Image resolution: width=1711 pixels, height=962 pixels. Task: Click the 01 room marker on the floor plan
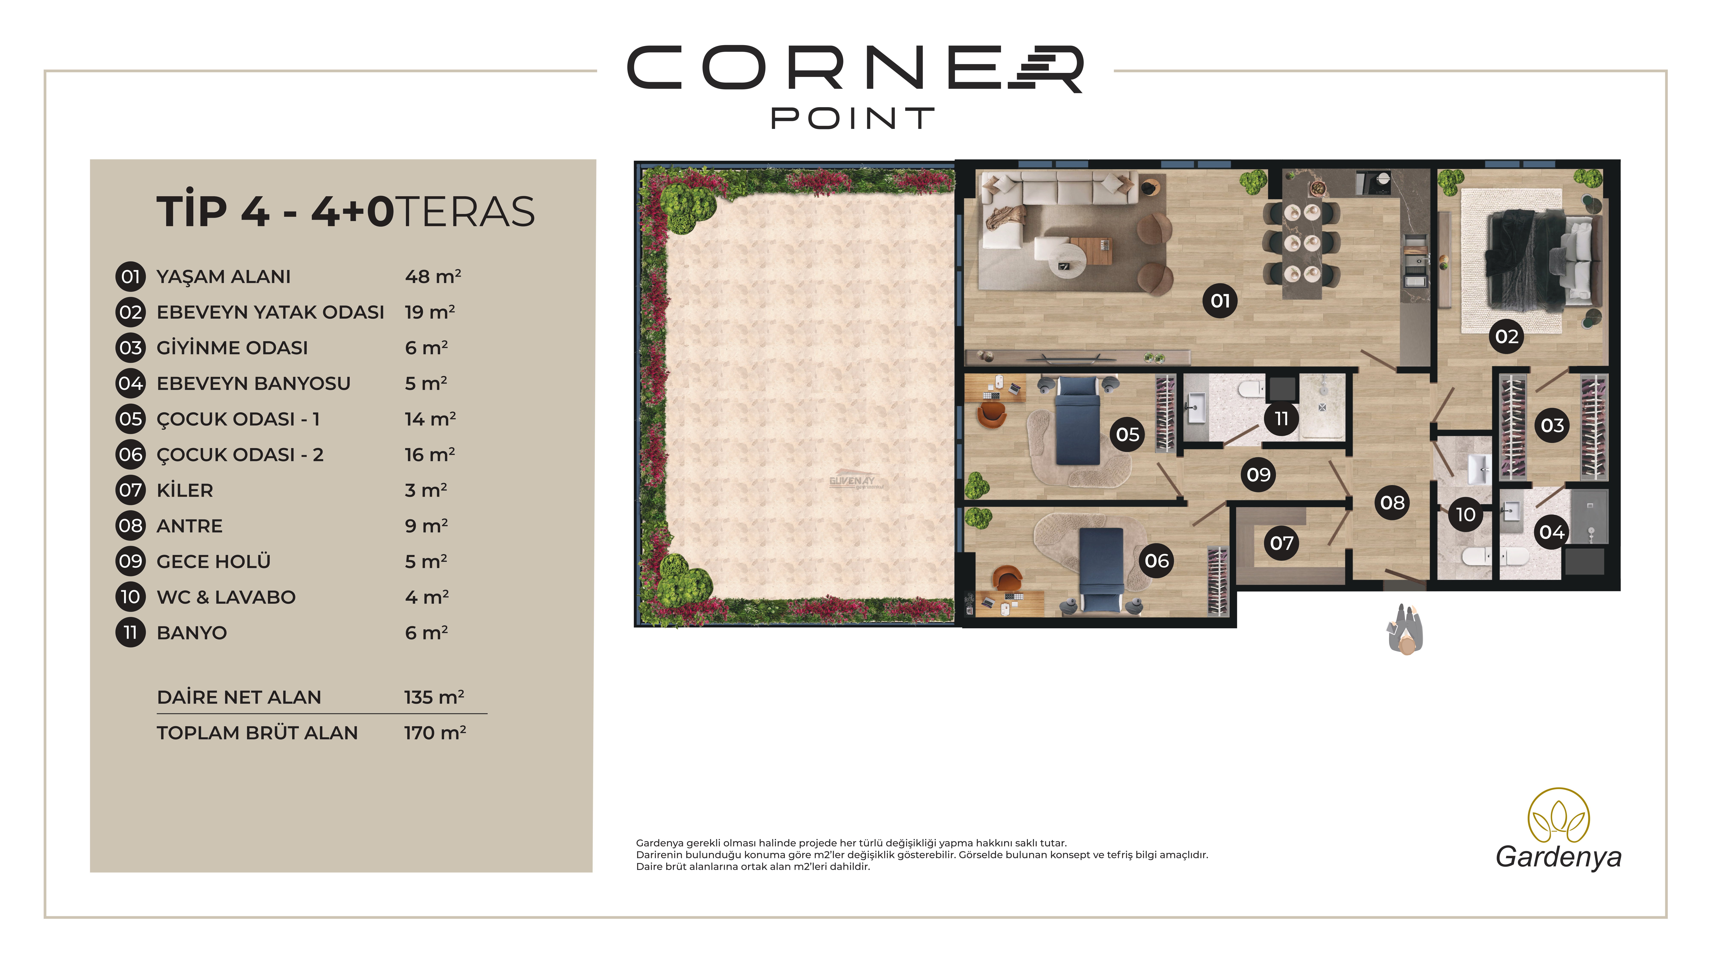coord(1220,301)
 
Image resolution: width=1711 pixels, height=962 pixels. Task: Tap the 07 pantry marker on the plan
coord(1281,543)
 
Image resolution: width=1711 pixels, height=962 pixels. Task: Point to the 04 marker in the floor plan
coord(1552,532)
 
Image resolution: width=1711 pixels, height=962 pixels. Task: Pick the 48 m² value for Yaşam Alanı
coord(433,276)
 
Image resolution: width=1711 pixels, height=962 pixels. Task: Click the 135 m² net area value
coord(434,697)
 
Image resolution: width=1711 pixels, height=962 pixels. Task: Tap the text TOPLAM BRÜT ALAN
coord(257,733)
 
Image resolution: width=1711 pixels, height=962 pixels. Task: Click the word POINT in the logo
coord(853,119)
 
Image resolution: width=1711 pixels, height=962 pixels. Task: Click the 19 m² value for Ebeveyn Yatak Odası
coord(430,312)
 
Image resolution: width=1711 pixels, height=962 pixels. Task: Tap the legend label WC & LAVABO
coord(226,598)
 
